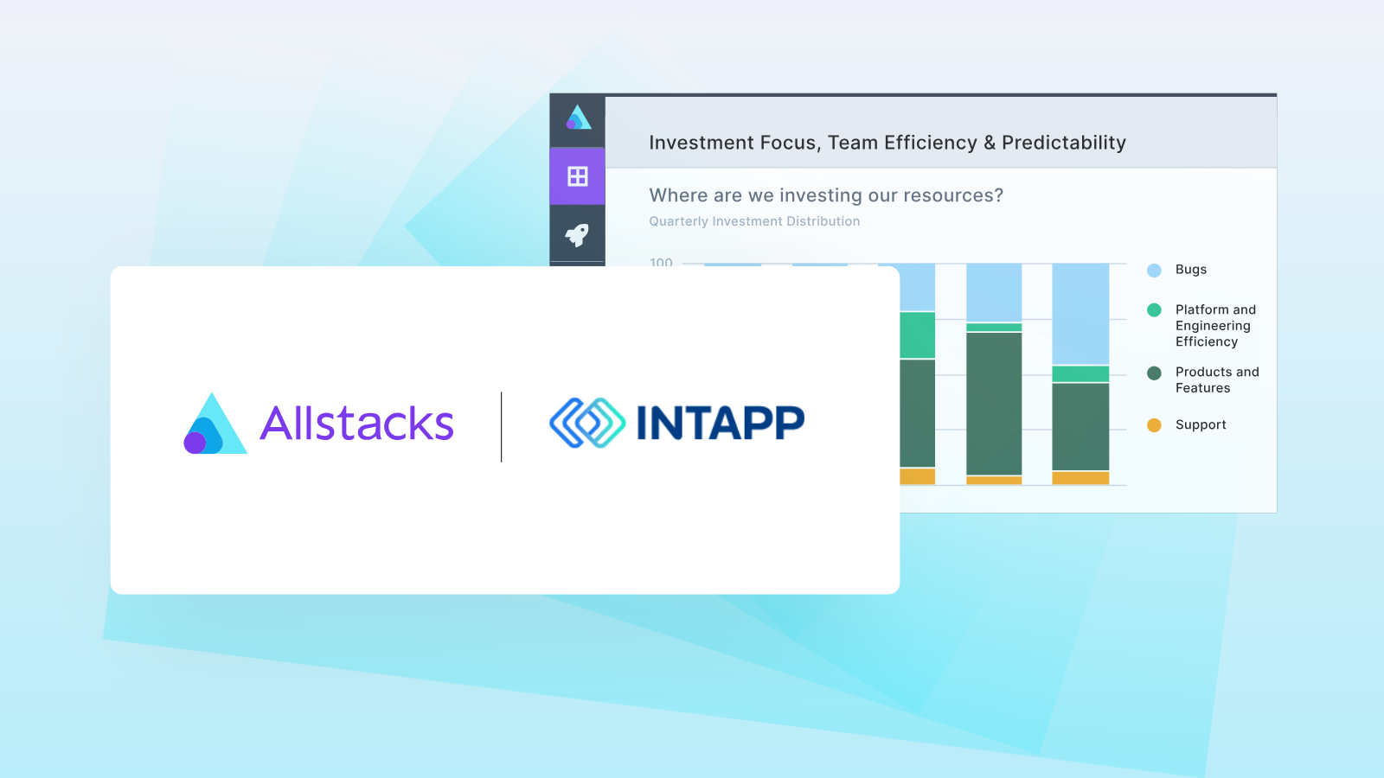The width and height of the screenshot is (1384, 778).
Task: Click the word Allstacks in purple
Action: tap(356, 424)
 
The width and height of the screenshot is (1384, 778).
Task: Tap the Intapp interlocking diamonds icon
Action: tap(587, 423)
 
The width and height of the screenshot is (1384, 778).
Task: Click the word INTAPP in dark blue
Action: tap(720, 423)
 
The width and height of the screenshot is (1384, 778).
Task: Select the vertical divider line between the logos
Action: tap(502, 426)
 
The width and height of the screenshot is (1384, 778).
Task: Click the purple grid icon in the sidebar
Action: tap(577, 176)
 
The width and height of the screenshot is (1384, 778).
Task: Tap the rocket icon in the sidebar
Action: tap(577, 234)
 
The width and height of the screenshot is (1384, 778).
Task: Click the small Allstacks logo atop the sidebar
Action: tap(578, 118)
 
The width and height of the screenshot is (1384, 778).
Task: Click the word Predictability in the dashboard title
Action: tap(1063, 143)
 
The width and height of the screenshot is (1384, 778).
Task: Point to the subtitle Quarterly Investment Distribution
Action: tap(754, 221)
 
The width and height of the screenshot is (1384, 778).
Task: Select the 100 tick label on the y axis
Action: tap(661, 261)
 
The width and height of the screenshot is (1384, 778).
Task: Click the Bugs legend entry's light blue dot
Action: tap(1154, 271)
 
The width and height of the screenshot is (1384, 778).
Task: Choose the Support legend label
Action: tap(1201, 424)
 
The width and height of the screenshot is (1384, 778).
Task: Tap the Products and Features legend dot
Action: tap(1154, 373)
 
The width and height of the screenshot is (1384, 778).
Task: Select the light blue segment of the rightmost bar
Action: tap(1080, 313)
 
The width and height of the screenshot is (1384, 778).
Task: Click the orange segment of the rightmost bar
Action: tap(1080, 478)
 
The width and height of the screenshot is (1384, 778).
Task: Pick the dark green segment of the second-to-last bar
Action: tap(994, 403)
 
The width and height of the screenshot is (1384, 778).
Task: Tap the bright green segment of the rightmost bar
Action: tap(1080, 373)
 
